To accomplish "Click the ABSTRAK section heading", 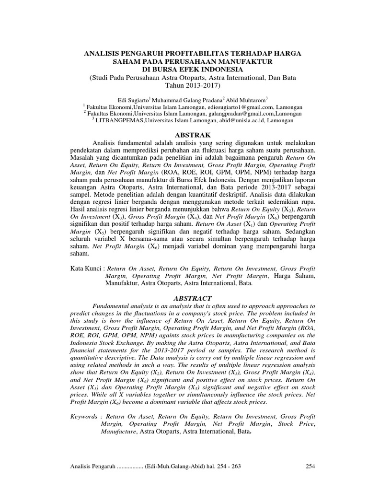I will click(x=184, y=136).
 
